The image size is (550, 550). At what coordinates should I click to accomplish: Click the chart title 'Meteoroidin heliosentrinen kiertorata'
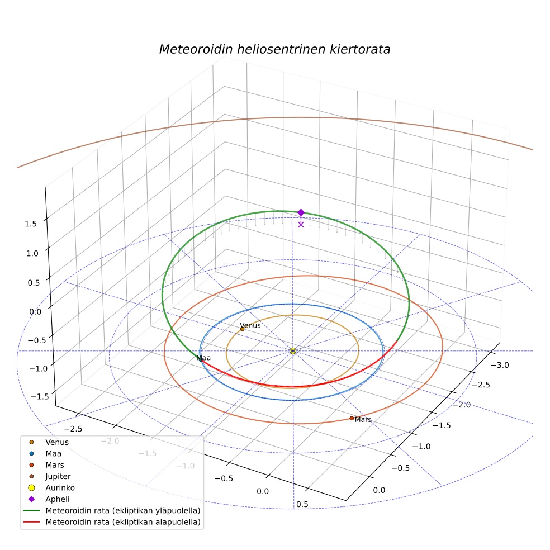click(x=274, y=49)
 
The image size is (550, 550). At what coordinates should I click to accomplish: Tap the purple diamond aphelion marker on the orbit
click(x=301, y=212)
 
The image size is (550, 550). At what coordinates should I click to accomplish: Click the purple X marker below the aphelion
click(x=301, y=225)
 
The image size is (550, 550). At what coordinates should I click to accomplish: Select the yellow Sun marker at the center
click(x=293, y=351)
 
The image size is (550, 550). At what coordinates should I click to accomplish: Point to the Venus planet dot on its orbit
click(x=242, y=329)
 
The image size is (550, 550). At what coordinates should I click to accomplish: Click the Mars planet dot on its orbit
click(x=352, y=418)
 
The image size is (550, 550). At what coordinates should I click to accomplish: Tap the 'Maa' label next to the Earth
click(x=203, y=358)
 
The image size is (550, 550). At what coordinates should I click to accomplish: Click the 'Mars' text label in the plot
click(x=363, y=420)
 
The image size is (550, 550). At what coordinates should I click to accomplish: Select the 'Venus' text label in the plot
click(x=250, y=325)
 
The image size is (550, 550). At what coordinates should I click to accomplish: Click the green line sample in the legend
click(x=31, y=510)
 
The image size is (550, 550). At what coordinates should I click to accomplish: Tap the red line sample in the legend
click(x=31, y=522)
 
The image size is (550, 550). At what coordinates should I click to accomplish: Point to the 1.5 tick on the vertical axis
click(x=31, y=224)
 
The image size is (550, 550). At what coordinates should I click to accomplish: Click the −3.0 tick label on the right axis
click(x=500, y=365)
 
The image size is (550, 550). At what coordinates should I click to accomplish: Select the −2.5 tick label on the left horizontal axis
click(x=73, y=429)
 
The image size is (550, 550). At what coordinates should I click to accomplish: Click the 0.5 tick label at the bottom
click(x=302, y=504)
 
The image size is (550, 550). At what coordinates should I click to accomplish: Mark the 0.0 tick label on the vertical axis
click(x=35, y=312)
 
